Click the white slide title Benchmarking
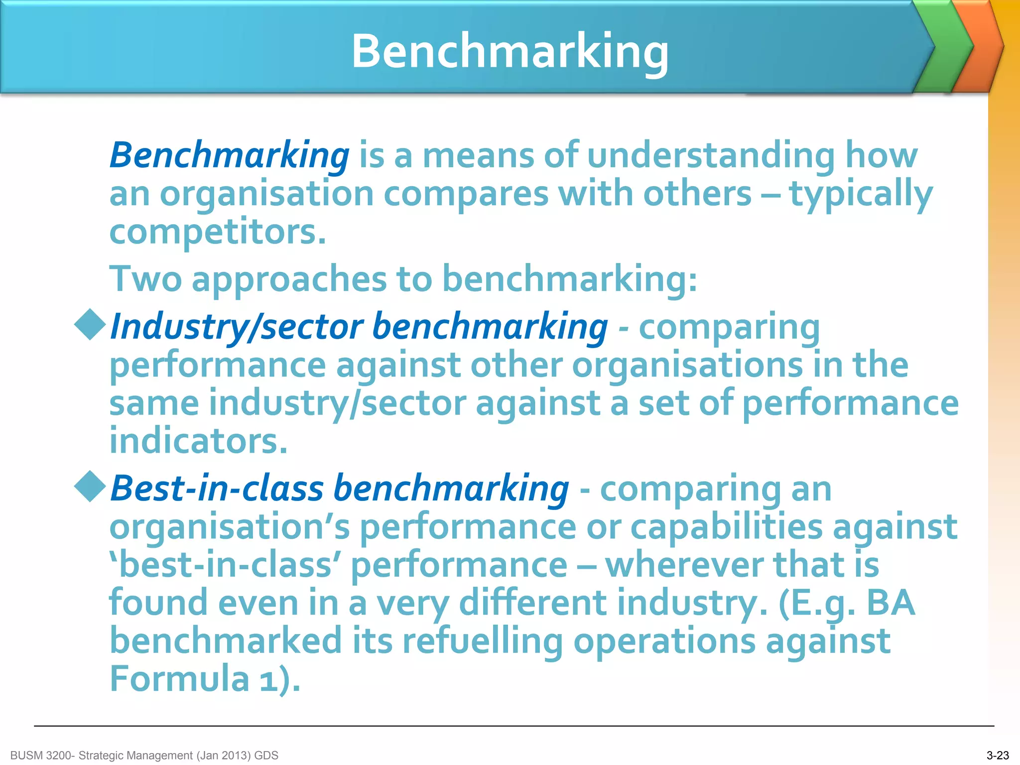(510, 51)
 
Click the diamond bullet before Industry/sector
(90, 325)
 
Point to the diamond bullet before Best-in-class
(90, 486)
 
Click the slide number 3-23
(998, 755)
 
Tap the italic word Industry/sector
(236, 328)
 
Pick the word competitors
(218, 232)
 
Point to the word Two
(145, 279)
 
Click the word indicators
(198, 441)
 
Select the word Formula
(179, 678)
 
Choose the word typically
(861, 194)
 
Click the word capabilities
(727, 527)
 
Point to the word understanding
(711, 155)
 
